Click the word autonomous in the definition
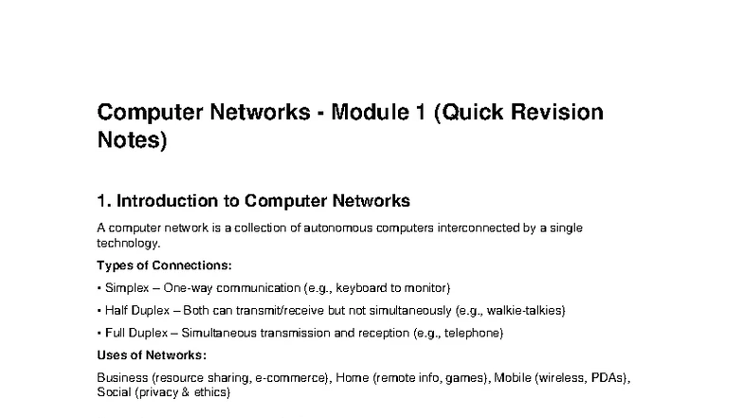[x=337, y=227]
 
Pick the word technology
[x=129, y=243]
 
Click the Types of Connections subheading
[x=165, y=265]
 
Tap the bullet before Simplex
[x=99, y=288]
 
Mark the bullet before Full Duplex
[x=99, y=334]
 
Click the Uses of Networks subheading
[x=152, y=355]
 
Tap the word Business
[x=122, y=377]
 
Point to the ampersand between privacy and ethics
[x=186, y=392]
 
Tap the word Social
[x=114, y=392]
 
